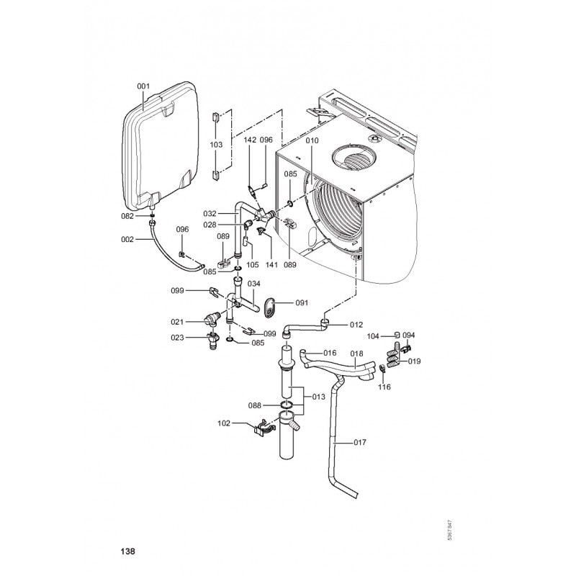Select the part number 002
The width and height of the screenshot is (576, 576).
point(127,239)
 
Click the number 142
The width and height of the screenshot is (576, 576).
point(250,140)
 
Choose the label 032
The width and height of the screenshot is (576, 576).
point(210,213)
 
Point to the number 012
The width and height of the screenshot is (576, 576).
point(356,325)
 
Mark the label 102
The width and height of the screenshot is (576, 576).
point(224,423)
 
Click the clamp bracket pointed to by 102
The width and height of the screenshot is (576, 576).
point(261,431)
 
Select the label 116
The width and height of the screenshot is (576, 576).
point(384,387)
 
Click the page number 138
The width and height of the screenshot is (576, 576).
point(127,552)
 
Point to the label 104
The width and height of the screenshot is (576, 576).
point(373,336)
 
